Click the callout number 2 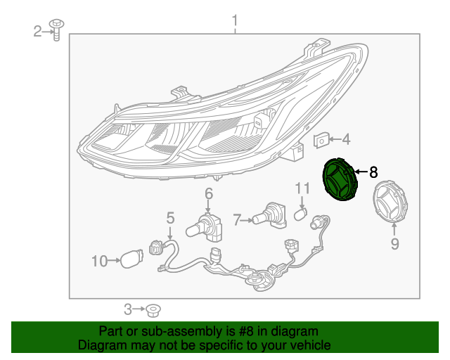(x=38, y=30)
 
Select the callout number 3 (x=128, y=309)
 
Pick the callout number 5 (x=170, y=219)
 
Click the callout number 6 (x=209, y=194)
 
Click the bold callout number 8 (x=373, y=172)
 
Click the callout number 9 (x=394, y=244)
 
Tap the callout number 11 (x=302, y=188)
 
